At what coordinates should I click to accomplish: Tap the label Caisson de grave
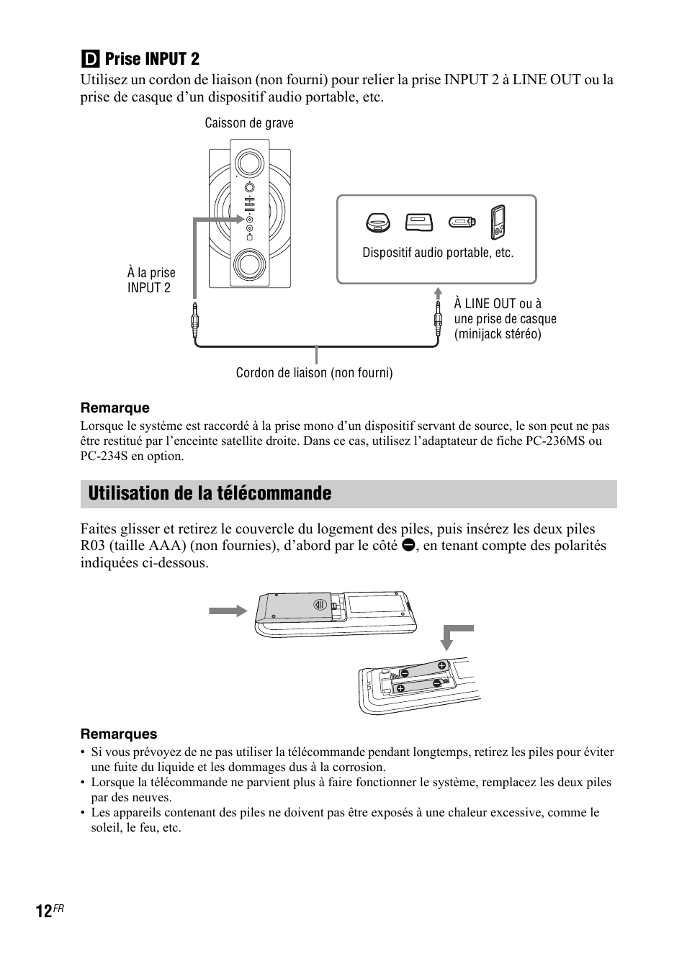pyautogui.click(x=249, y=123)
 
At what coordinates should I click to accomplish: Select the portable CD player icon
pyautogui.click(x=377, y=222)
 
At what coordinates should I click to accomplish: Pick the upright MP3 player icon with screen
pyautogui.click(x=498, y=222)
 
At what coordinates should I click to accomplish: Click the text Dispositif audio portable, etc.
pyautogui.click(x=438, y=253)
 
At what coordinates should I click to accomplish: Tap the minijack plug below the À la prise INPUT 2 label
pyautogui.click(x=194, y=319)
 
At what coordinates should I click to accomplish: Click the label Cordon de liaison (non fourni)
pyautogui.click(x=315, y=373)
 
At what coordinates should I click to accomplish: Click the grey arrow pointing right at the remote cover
pyautogui.click(x=228, y=611)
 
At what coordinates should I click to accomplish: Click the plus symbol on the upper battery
pyautogui.click(x=442, y=665)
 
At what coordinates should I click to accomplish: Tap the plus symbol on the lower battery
pyautogui.click(x=400, y=688)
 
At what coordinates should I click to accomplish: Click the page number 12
pyautogui.click(x=43, y=911)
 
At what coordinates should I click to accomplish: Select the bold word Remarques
pyautogui.click(x=119, y=734)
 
